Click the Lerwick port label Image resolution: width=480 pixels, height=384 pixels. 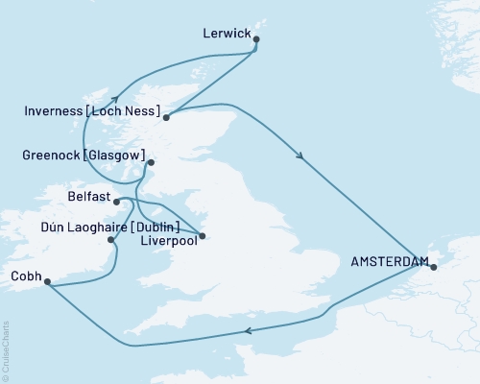[228, 34]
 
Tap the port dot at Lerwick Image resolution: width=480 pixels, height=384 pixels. [256, 39]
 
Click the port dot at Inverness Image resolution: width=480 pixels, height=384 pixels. [167, 118]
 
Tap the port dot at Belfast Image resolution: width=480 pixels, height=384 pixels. [116, 202]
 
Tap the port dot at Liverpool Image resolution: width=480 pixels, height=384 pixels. [202, 235]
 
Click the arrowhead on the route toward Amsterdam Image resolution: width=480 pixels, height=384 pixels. [302, 158]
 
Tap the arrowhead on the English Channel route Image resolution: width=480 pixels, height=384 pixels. [249, 330]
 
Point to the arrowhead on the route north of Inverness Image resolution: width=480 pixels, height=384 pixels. [113, 96]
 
